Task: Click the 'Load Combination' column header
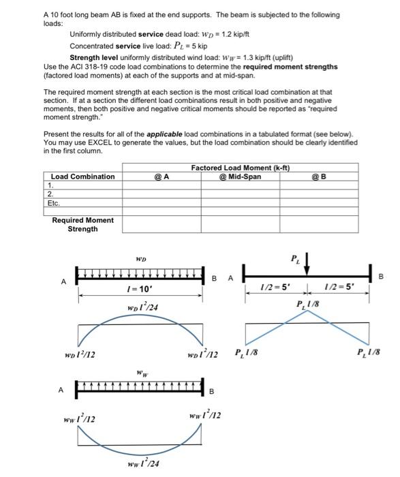83,176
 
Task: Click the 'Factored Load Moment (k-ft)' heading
241,168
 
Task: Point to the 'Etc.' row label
54,202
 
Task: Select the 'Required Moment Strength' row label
82,224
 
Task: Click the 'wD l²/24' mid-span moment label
142,309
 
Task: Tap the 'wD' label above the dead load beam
140,259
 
